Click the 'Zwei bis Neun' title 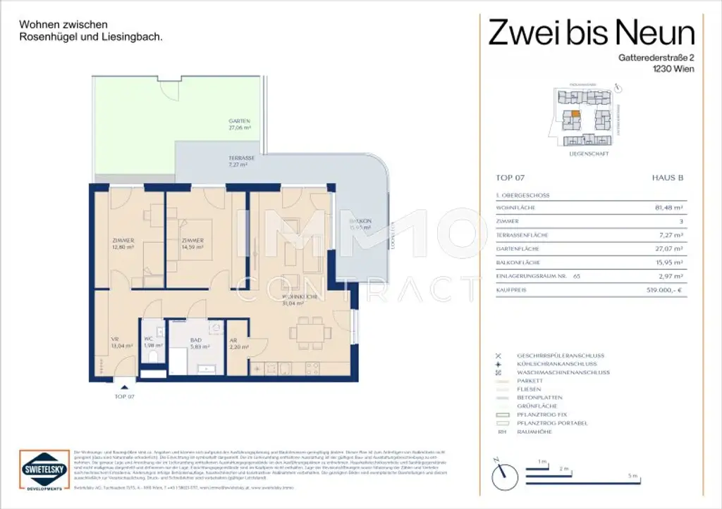[x=592, y=33]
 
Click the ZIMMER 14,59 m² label [x=192, y=244]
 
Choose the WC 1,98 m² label [x=152, y=342]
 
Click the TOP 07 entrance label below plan [x=124, y=396]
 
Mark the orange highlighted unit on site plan [x=575, y=113]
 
